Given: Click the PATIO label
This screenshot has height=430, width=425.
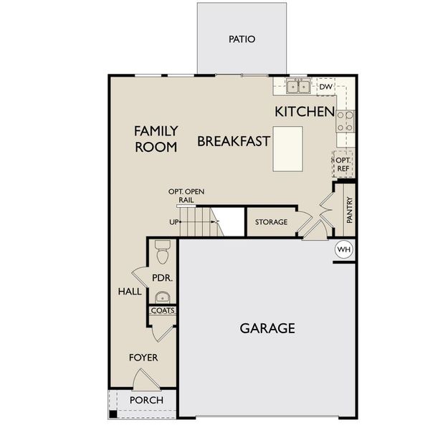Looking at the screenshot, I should (242, 39).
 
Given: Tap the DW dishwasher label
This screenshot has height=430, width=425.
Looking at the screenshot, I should (325, 87).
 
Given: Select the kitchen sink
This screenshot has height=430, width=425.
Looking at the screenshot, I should (299, 87).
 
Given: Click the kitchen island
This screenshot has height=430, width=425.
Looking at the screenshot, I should (287, 148).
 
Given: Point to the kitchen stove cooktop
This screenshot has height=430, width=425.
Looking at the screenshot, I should (345, 120).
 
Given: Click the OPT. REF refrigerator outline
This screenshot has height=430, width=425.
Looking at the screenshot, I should (343, 164).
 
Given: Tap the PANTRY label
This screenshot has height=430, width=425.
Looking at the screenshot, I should (349, 211).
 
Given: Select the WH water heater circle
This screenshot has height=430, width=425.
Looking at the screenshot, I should (344, 249).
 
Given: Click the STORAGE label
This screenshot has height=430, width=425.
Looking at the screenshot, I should (272, 222).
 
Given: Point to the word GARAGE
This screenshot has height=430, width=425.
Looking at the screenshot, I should (267, 329).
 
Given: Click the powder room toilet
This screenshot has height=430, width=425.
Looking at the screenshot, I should (162, 252).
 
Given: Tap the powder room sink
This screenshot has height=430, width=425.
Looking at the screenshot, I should (162, 297).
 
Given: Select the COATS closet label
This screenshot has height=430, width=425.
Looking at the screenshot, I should (163, 311).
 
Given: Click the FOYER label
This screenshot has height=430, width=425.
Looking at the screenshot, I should (143, 357).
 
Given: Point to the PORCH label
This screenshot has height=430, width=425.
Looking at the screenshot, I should (146, 400).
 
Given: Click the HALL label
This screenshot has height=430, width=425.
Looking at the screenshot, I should (130, 292).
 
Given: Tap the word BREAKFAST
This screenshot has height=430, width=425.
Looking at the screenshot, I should (234, 141).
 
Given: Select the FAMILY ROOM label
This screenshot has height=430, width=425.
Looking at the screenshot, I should (156, 139).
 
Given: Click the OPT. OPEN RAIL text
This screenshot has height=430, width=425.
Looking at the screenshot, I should (186, 196).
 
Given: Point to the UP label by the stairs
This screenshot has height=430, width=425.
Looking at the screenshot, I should (173, 222).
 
